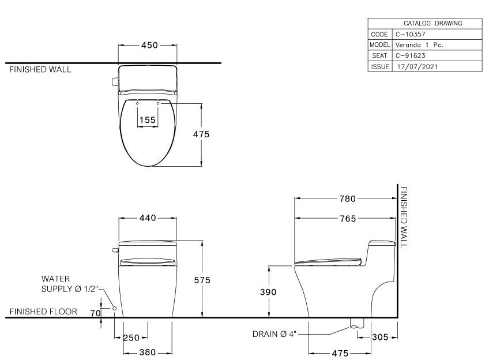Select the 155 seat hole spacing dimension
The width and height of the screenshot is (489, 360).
pos(147,119)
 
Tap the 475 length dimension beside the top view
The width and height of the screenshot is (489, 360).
pos(201,134)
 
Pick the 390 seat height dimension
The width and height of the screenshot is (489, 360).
pos(268,292)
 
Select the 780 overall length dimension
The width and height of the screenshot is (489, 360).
pos(347,199)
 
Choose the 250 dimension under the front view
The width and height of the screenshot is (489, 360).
pos(132,337)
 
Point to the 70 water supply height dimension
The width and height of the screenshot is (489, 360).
pos(96,313)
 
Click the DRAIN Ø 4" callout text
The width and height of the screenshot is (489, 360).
pos(274,333)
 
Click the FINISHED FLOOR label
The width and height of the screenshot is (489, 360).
pos(44,312)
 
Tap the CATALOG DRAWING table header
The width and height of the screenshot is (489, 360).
pos(424,23)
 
